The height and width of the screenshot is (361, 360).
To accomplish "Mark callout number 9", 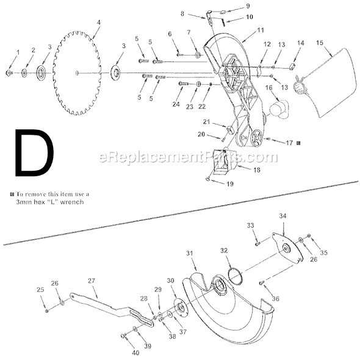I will point(231,6).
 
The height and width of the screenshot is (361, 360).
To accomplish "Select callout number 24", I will point(176,104).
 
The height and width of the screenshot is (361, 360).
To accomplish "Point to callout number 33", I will point(250,226).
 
